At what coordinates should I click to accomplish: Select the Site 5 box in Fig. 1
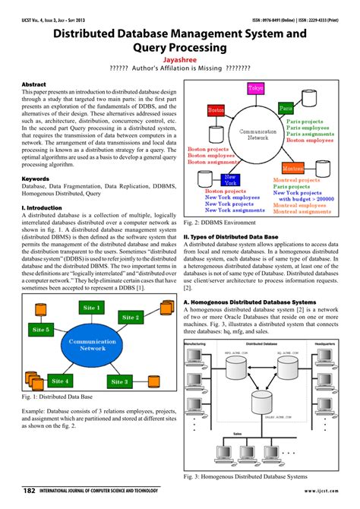click(x=41, y=330)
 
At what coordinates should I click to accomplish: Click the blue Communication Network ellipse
click(x=91, y=346)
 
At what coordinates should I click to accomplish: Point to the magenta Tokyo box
click(x=255, y=90)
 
